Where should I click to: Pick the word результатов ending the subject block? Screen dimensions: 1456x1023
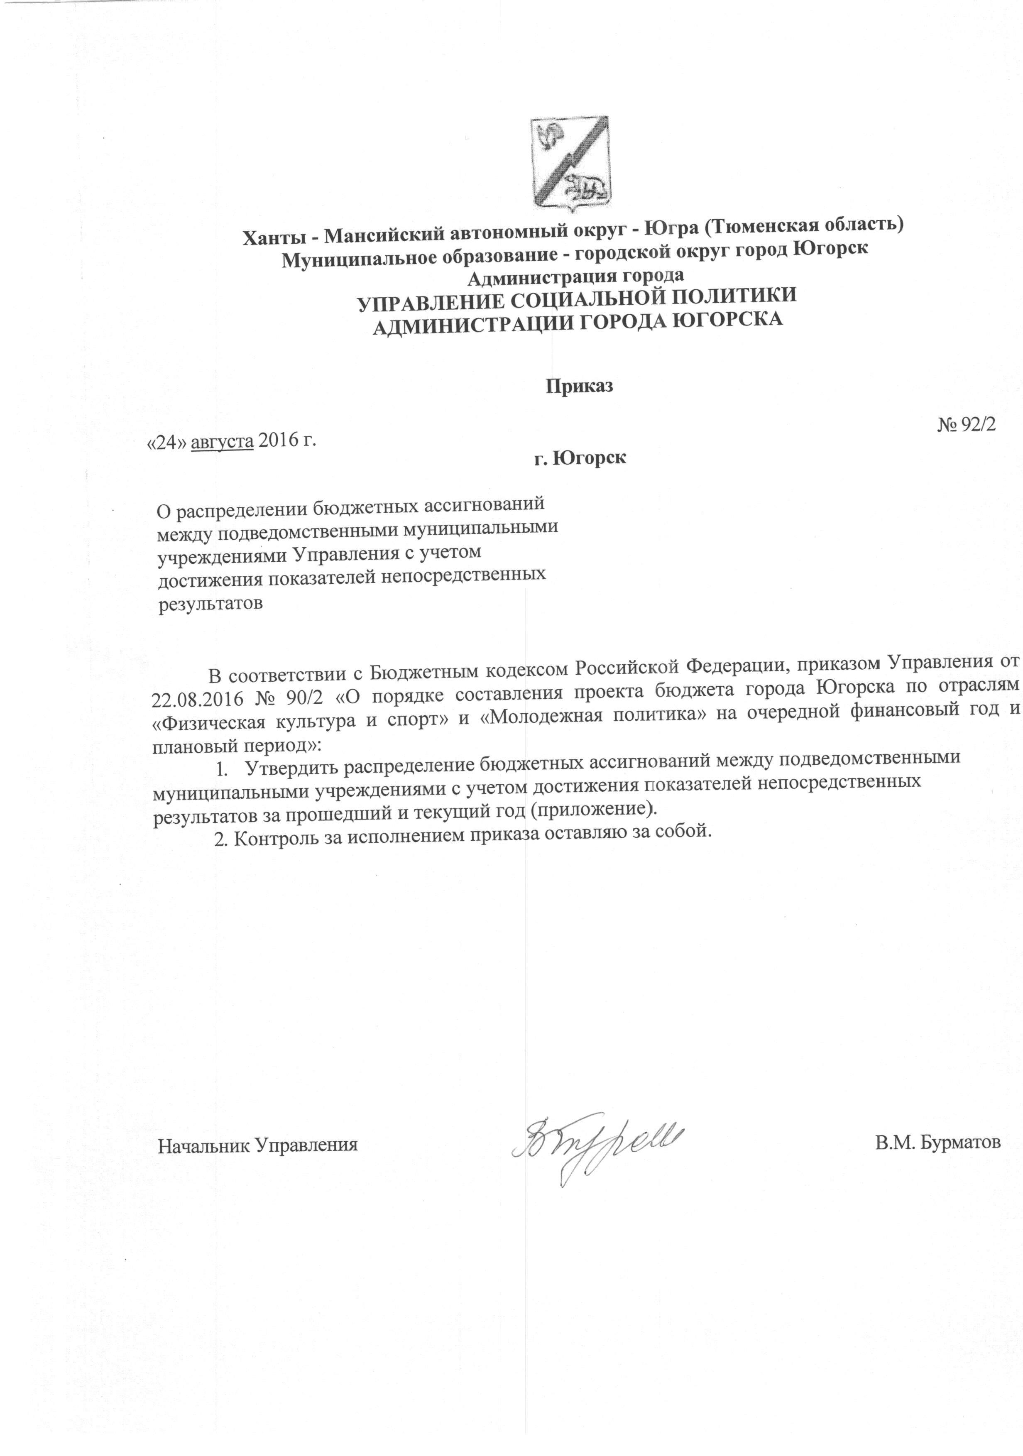point(210,603)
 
